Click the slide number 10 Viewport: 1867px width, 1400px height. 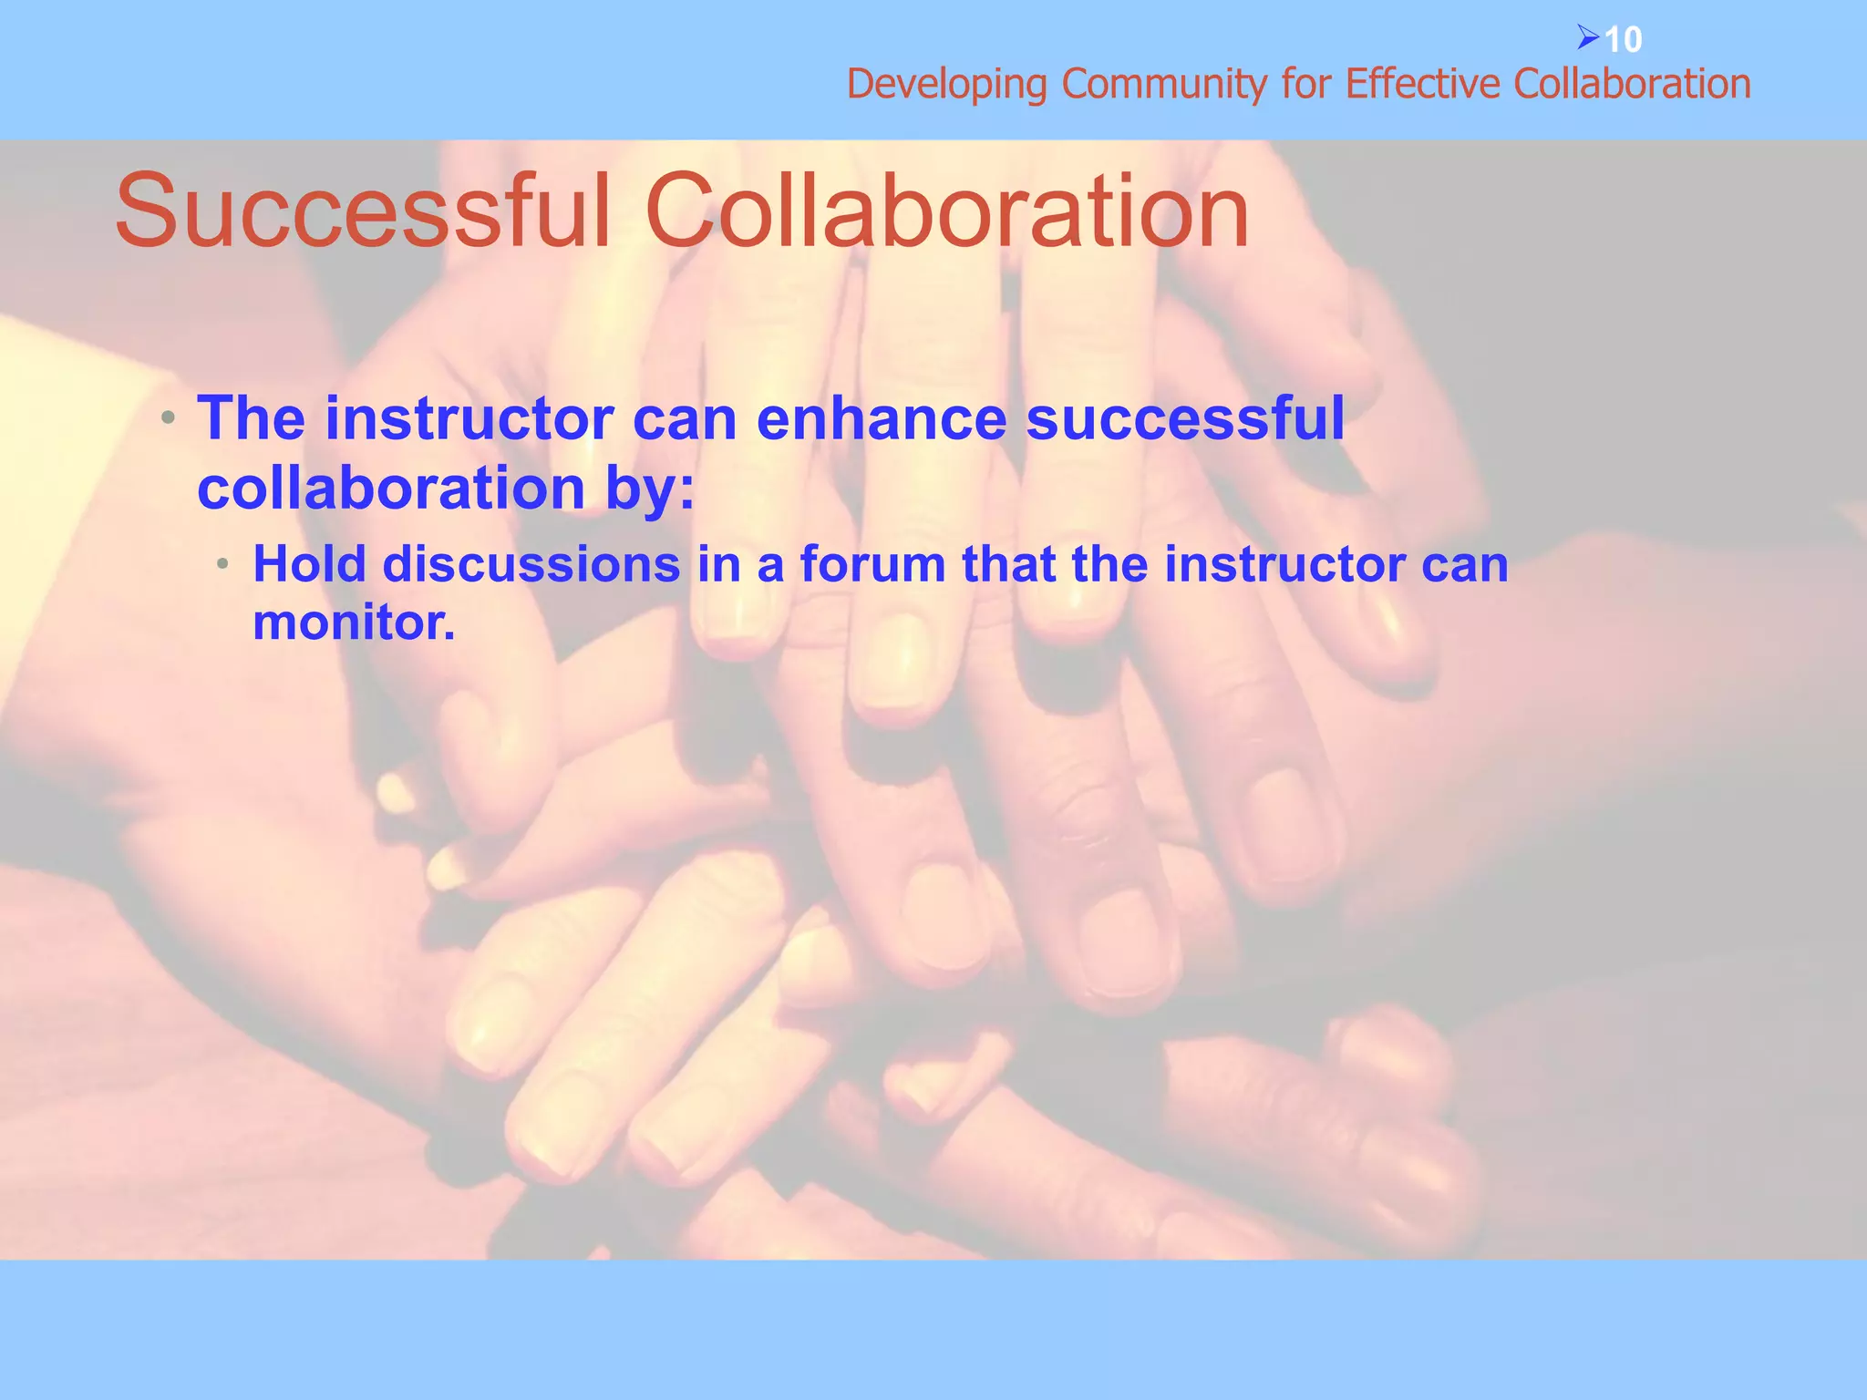tap(1623, 40)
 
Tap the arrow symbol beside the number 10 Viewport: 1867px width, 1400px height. tap(1588, 38)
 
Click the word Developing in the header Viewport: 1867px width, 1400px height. tap(947, 86)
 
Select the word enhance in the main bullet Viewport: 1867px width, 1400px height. tap(881, 419)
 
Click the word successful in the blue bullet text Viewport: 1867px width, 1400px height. tap(1185, 419)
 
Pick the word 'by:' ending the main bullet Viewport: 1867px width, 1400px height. tap(649, 489)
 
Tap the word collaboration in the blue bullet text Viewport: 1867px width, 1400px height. tap(390, 489)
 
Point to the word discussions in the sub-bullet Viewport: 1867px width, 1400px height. tap(531, 564)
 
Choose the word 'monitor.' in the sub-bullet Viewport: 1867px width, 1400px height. tap(354, 623)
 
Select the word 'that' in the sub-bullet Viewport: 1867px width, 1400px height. tap(1008, 564)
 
